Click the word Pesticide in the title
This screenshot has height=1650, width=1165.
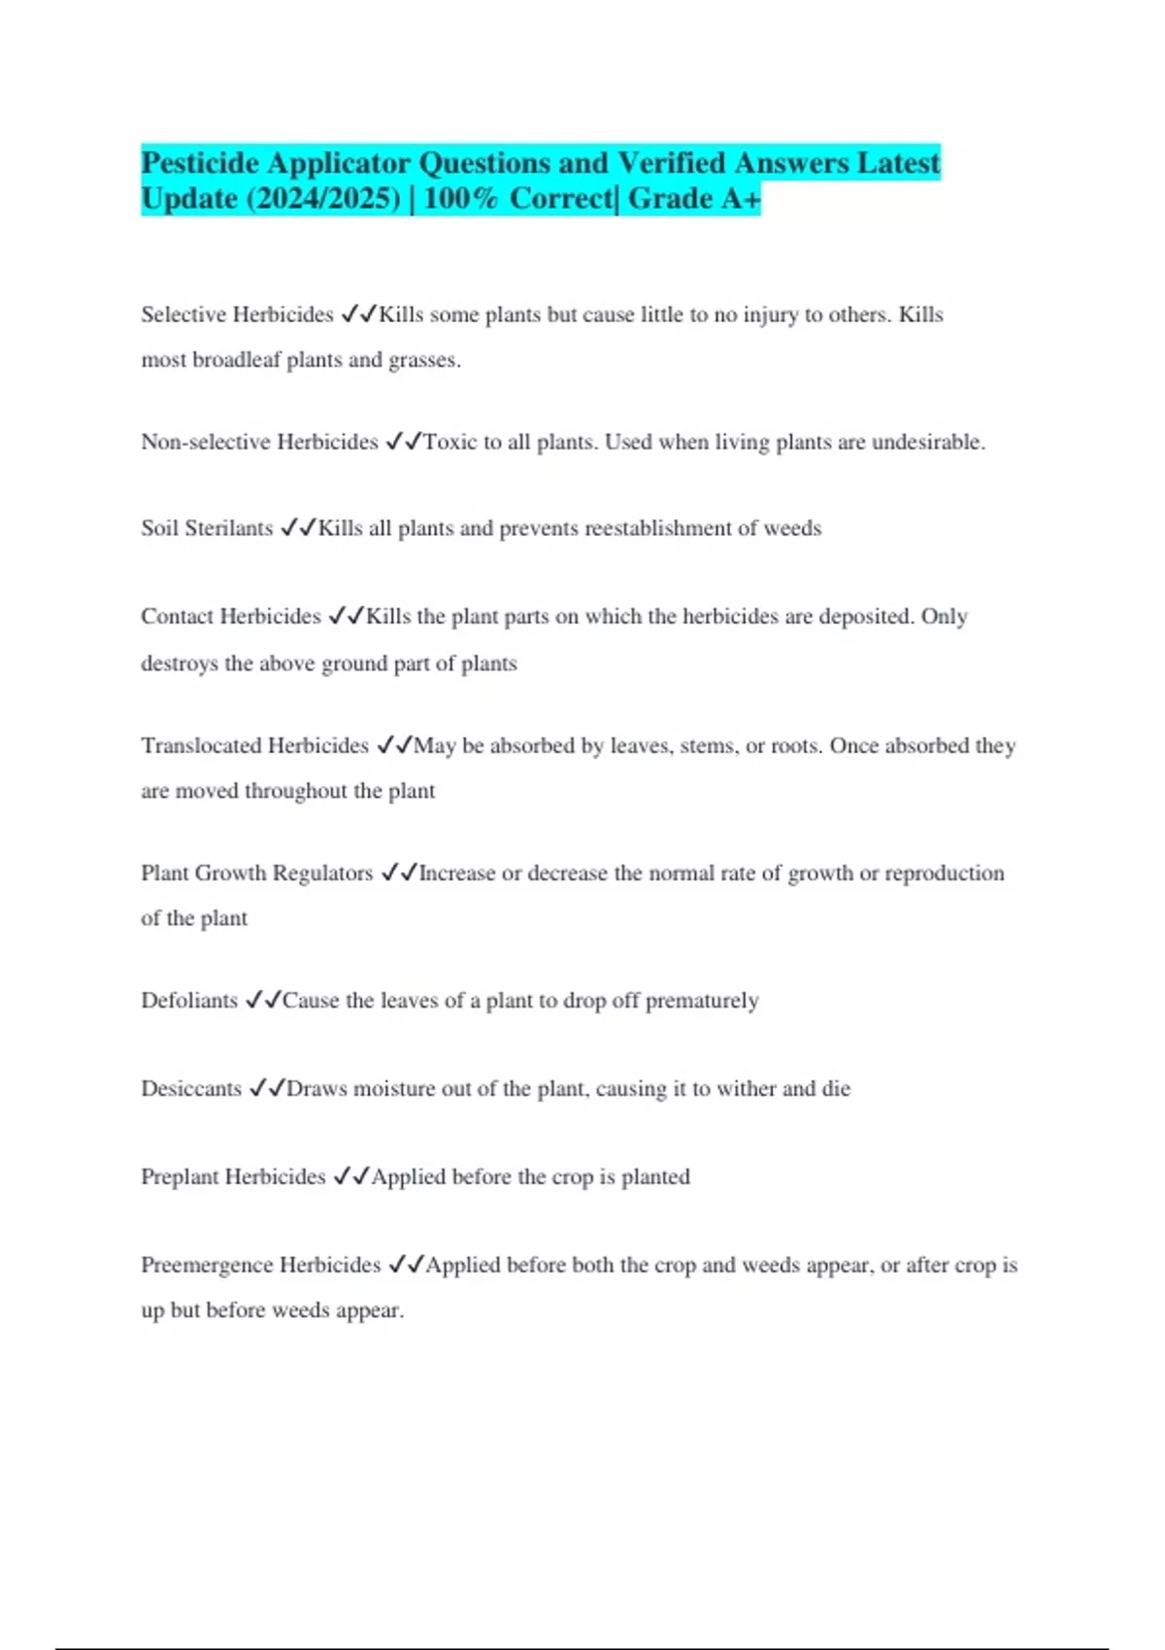click(201, 162)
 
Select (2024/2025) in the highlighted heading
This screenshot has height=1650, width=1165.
click(323, 199)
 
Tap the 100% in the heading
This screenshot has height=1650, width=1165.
click(460, 199)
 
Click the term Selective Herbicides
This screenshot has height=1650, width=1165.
click(237, 314)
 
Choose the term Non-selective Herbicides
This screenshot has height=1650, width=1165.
click(259, 442)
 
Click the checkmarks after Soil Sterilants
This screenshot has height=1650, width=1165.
click(298, 528)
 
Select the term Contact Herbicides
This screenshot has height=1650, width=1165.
click(230, 616)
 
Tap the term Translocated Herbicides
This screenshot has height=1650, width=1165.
click(254, 745)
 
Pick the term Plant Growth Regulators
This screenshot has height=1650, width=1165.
click(256, 873)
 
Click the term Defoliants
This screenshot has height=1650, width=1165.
click(189, 1000)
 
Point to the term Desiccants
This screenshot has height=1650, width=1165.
click(191, 1088)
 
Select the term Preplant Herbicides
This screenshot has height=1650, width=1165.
click(233, 1176)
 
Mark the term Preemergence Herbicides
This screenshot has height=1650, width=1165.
click(260, 1265)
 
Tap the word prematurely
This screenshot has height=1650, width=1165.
click(702, 1001)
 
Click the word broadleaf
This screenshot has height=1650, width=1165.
click(236, 360)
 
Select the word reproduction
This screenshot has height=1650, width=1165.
click(945, 874)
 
